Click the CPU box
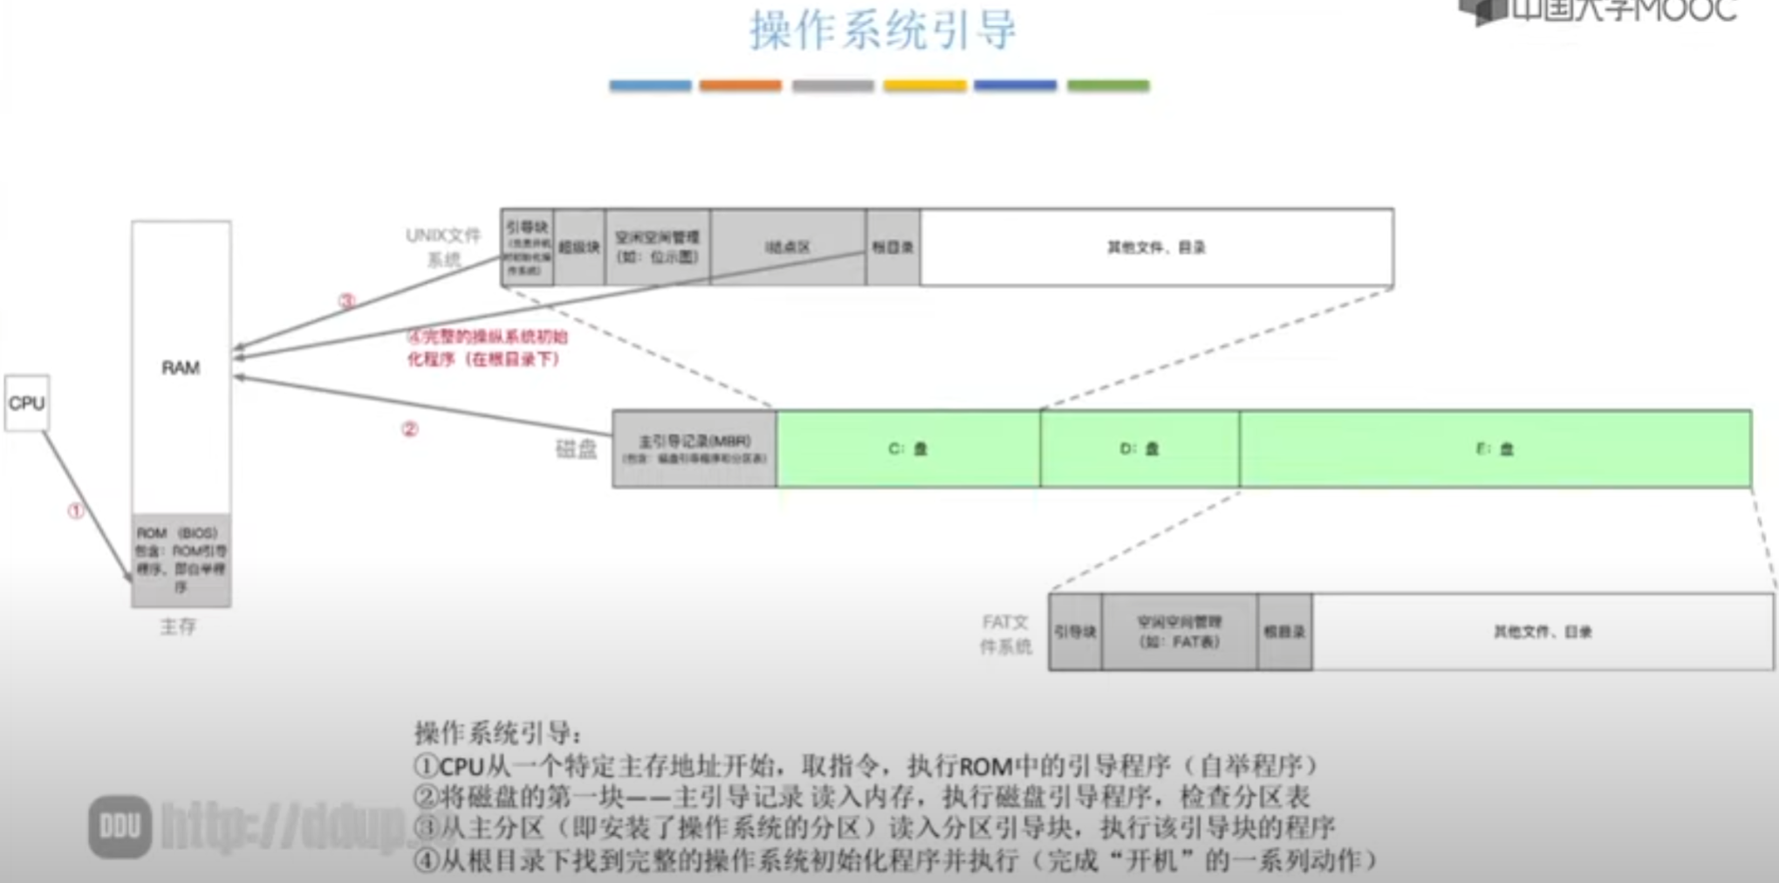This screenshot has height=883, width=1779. tap(27, 403)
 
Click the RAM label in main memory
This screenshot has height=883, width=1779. tap(181, 367)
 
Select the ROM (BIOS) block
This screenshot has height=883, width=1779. tap(181, 559)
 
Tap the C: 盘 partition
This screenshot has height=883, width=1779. tap(907, 448)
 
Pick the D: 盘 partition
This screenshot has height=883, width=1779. tap(1139, 448)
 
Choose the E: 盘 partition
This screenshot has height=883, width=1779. tap(1494, 448)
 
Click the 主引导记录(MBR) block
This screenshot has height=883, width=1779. tap(694, 448)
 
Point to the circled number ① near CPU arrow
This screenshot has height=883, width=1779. tap(77, 511)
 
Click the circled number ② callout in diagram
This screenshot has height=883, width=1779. tap(410, 429)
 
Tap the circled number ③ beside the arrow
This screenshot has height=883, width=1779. tap(346, 301)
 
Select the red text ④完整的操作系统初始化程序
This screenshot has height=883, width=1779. tap(487, 347)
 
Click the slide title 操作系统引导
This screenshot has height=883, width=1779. tap(883, 31)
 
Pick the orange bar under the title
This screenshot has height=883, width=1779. tap(740, 86)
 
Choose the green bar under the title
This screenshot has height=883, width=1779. tap(1108, 86)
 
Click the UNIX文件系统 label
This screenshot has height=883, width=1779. tap(443, 247)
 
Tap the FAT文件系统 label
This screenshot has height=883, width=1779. tap(1006, 633)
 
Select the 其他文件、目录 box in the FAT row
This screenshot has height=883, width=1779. tap(1542, 632)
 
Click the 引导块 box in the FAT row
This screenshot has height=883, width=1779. tap(1075, 632)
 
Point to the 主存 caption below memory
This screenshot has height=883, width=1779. tap(178, 626)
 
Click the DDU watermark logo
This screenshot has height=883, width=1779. tap(120, 826)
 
